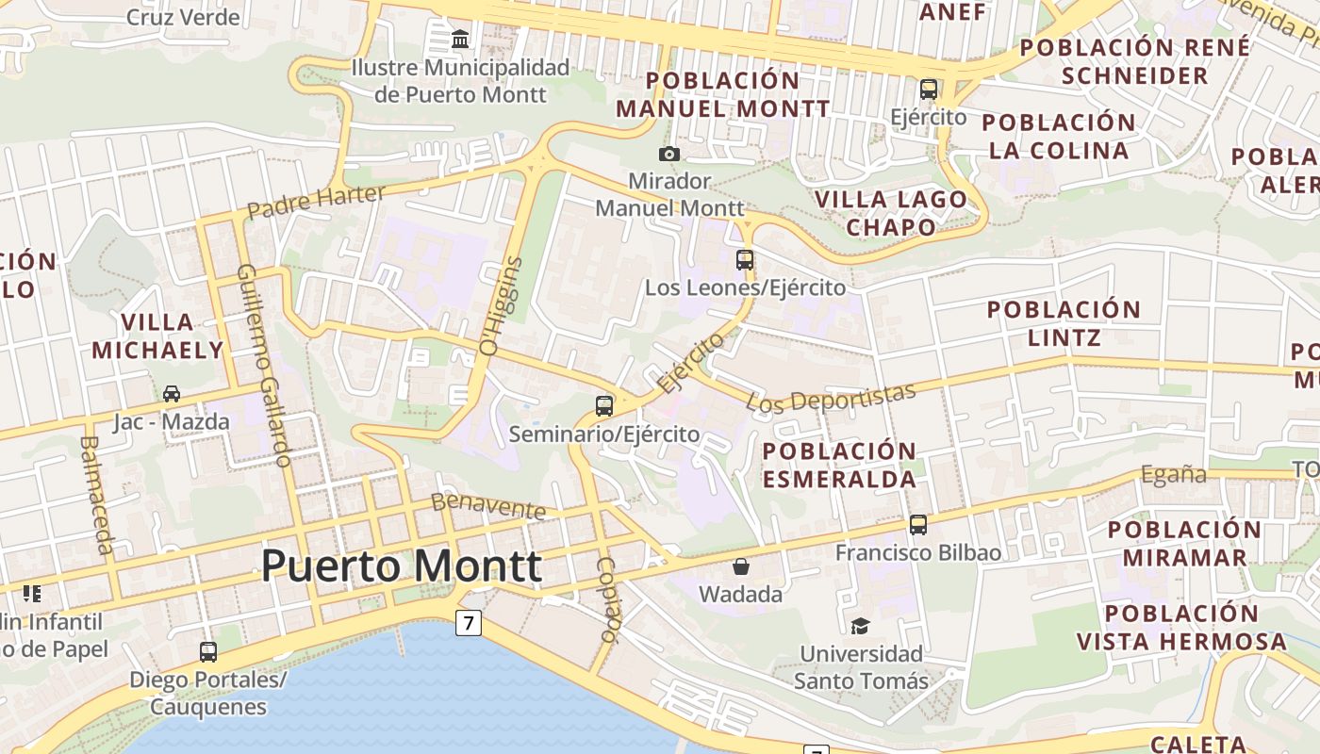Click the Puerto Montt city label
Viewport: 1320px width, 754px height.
click(x=401, y=566)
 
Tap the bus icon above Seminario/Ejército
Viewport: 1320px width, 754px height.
click(x=604, y=406)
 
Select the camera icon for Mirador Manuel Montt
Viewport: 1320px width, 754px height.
click(x=669, y=154)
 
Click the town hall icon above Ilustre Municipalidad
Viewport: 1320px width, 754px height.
click(x=460, y=40)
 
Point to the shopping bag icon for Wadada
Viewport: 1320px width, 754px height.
click(x=741, y=566)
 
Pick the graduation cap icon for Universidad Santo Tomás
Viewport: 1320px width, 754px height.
click(x=860, y=626)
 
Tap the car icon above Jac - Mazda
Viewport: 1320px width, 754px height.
click(x=172, y=393)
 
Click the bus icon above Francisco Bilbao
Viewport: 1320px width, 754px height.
click(x=918, y=524)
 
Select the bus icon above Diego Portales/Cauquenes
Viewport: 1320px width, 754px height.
click(x=207, y=651)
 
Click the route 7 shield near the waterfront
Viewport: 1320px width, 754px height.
click(x=469, y=623)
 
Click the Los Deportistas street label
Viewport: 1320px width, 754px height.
click(x=831, y=398)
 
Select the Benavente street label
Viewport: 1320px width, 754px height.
click(x=488, y=506)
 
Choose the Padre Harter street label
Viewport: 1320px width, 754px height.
click(x=316, y=200)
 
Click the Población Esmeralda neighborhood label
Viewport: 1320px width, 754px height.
click(x=838, y=465)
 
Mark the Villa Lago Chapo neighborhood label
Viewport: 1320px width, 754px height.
click(x=891, y=213)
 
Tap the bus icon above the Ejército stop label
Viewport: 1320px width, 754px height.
click(x=929, y=90)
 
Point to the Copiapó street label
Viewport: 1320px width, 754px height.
click(x=607, y=599)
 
